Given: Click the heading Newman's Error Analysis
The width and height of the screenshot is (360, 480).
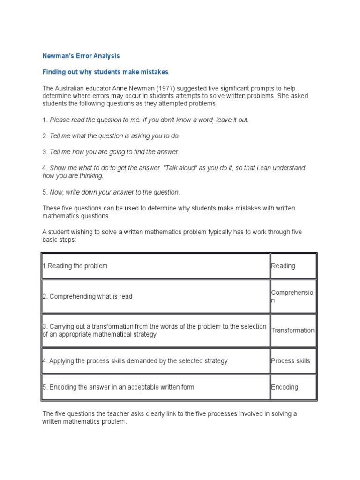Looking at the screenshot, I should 81,56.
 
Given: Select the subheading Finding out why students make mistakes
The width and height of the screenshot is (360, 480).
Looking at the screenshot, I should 105,72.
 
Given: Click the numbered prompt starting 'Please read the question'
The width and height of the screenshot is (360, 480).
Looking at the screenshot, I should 146,120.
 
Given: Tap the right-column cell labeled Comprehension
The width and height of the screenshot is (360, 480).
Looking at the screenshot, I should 292,296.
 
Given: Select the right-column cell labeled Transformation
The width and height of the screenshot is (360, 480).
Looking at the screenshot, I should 292,330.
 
